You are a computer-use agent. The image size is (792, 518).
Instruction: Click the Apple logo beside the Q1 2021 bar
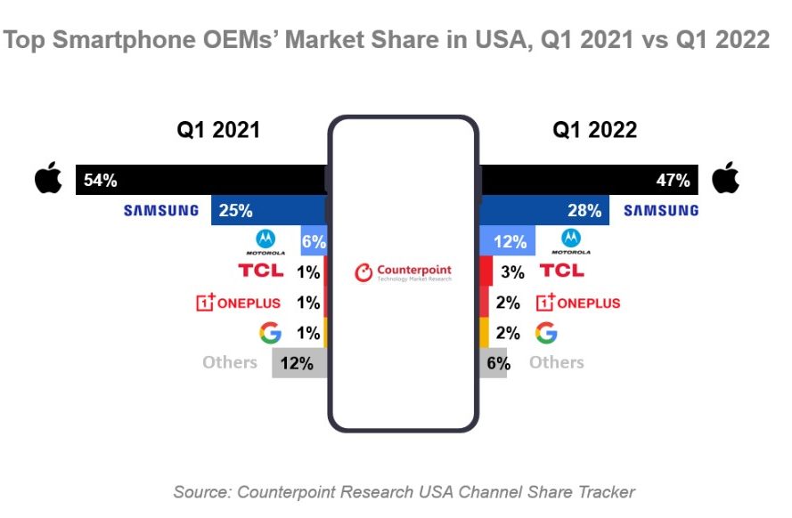pyautogui.click(x=48, y=179)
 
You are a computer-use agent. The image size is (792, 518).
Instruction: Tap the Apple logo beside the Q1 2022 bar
pyautogui.click(x=726, y=179)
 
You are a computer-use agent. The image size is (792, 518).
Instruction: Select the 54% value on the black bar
pyautogui.click(x=100, y=181)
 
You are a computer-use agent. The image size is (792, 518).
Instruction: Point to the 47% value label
pyautogui.click(x=673, y=181)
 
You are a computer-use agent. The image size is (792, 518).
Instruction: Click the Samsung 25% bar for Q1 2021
pyautogui.click(x=268, y=211)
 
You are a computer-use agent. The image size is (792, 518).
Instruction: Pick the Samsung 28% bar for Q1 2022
pyautogui.click(x=544, y=211)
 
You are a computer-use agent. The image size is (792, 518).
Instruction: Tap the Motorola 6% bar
pyautogui.click(x=314, y=241)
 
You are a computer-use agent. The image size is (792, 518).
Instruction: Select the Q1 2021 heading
pyautogui.click(x=217, y=130)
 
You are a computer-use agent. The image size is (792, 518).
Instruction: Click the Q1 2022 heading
pyautogui.click(x=594, y=130)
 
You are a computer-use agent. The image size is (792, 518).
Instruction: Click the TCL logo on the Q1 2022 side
pyautogui.click(x=562, y=271)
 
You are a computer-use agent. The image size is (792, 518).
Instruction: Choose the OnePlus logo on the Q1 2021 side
pyautogui.click(x=238, y=303)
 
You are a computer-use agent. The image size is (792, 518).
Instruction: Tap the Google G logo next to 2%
pyautogui.click(x=546, y=333)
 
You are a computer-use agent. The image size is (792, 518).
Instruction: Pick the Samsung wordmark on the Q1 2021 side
pyautogui.click(x=161, y=211)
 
